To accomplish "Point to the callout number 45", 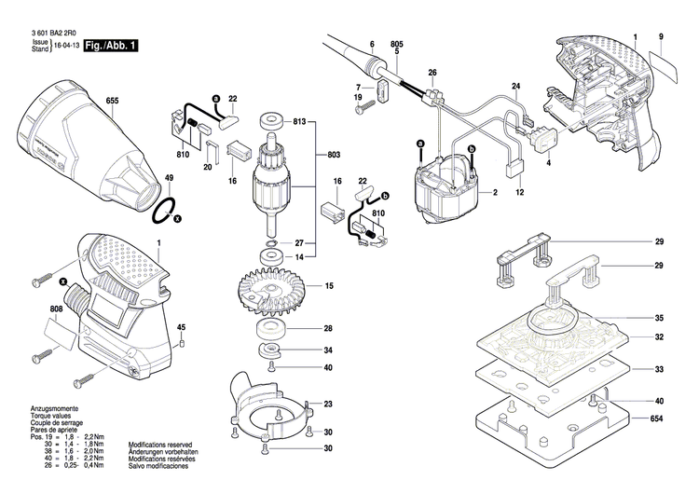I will (182, 326).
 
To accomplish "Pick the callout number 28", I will (328, 328).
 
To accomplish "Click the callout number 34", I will (328, 350).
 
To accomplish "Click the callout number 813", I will (300, 122).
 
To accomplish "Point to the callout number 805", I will (397, 45).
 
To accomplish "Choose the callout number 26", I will (432, 73).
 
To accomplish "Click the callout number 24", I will (514, 87).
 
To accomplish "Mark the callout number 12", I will (521, 192).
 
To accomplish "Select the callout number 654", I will (658, 419).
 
